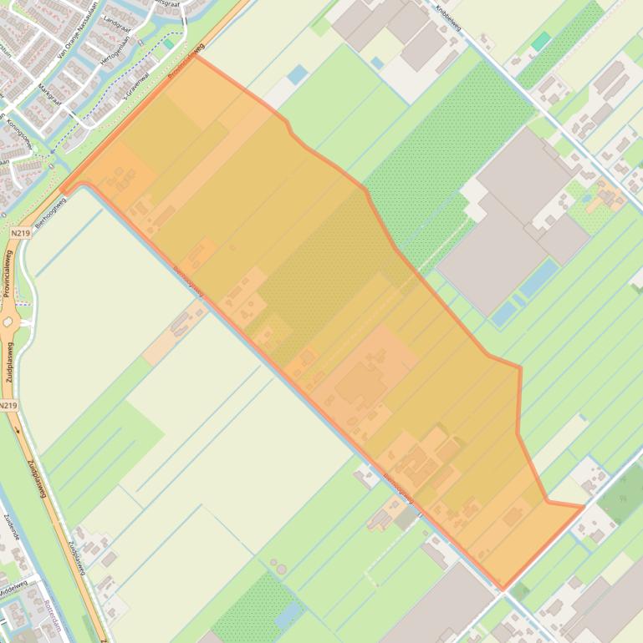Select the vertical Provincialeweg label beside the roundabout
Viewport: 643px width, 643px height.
8,272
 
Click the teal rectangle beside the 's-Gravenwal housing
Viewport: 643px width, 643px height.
169,43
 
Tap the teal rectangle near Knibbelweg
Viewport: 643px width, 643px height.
541,41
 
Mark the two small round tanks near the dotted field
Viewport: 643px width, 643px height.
278,569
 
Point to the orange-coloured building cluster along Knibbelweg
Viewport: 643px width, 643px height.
608,197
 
